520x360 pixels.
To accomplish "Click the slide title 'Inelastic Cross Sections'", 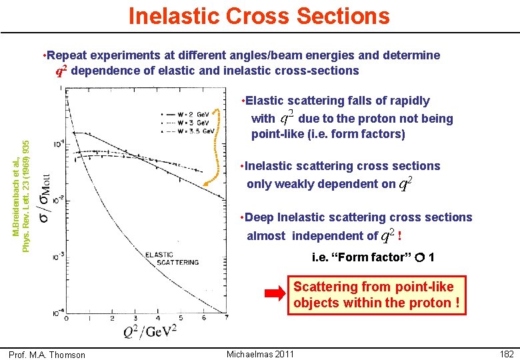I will pyautogui.click(x=259, y=15).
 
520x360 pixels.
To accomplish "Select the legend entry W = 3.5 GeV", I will pyautogui.click(x=192, y=131).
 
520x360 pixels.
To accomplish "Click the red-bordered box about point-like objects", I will pyautogui.click(x=376, y=295).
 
